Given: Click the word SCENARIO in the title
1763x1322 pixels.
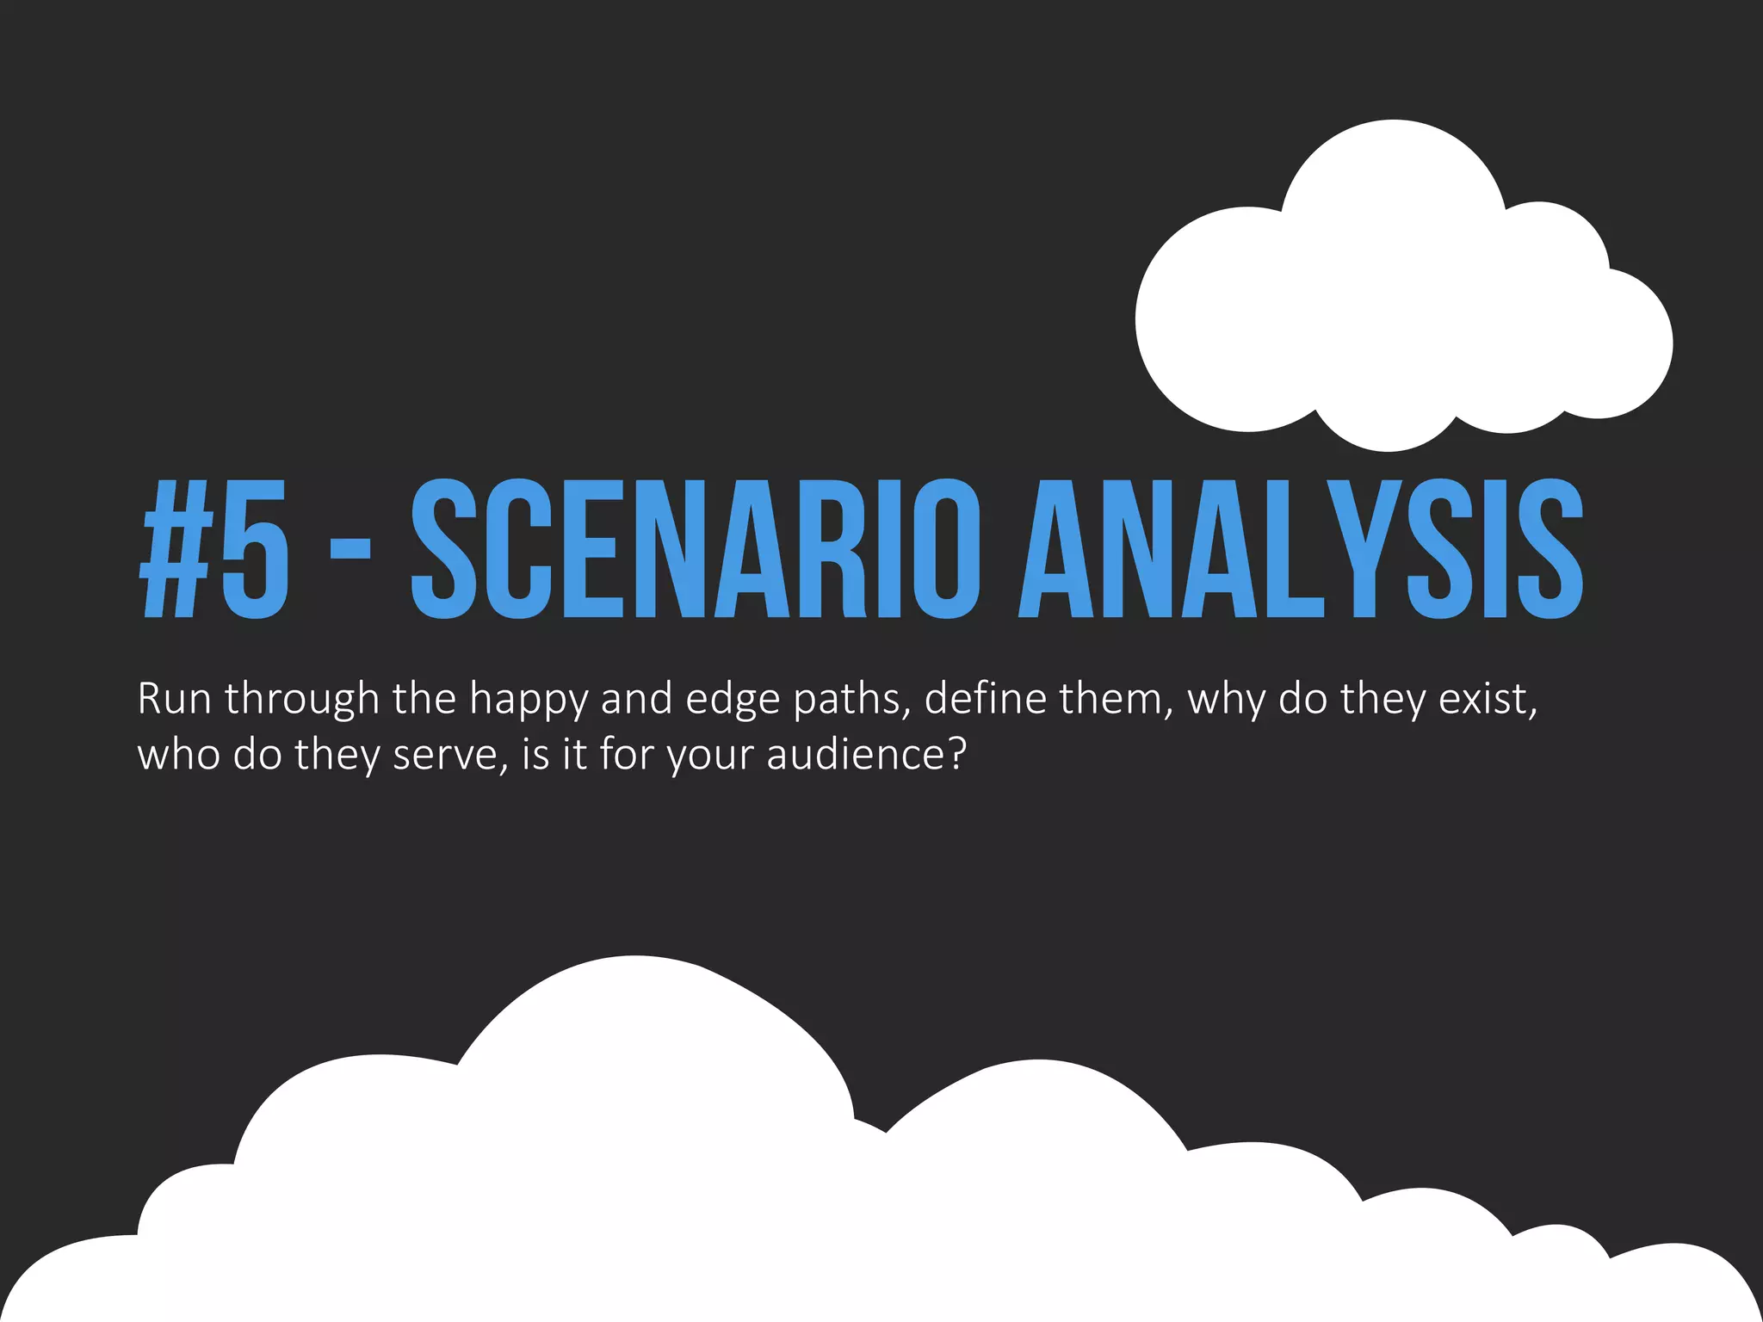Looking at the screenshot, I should [695, 549].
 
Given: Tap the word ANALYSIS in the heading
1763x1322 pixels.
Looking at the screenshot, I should [1300, 549].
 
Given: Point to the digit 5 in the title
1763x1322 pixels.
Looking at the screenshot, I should [255, 549].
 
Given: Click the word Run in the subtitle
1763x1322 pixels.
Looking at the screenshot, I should [174, 699].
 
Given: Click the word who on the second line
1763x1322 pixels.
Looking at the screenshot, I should [178, 756].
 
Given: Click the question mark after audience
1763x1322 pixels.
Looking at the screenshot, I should [956, 754].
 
